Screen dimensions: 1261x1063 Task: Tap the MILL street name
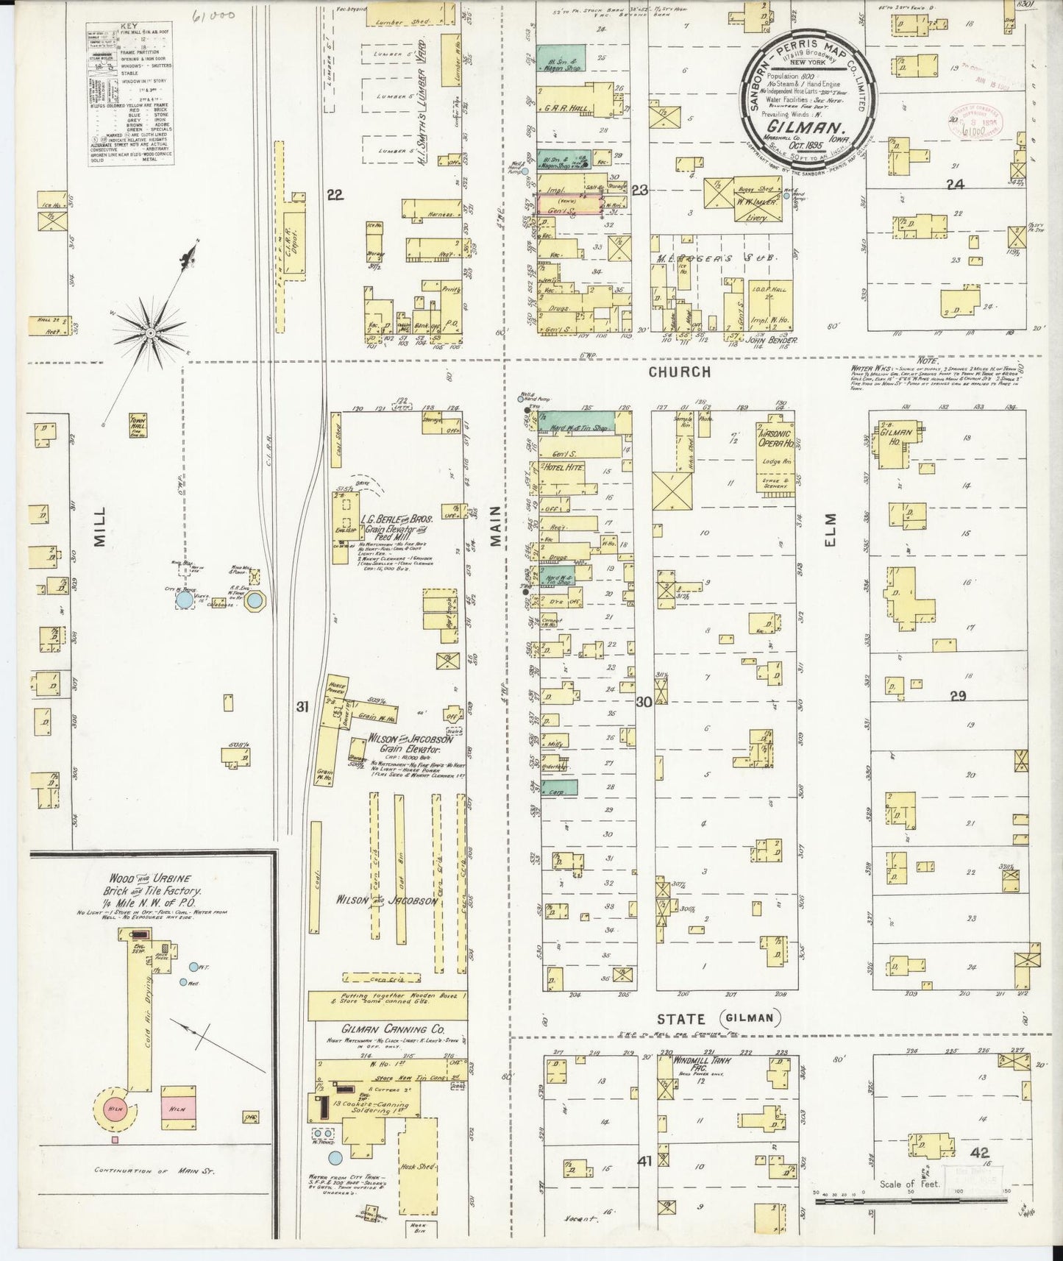click(99, 526)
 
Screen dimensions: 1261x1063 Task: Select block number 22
click(335, 194)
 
